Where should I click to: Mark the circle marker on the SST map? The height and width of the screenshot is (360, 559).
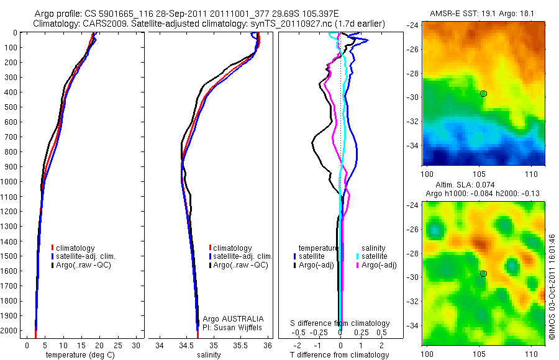click(x=483, y=93)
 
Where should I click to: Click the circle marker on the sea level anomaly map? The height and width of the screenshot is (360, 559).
click(x=483, y=273)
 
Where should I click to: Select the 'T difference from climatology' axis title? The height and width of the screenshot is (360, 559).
click(x=340, y=355)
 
